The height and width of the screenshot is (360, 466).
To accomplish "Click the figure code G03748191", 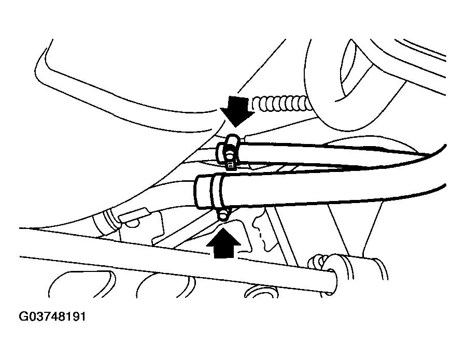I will click(x=52, y=316).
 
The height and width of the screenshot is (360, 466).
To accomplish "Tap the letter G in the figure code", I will click(x=24, y=316).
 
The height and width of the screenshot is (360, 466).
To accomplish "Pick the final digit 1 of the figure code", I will click(x=82, y=316).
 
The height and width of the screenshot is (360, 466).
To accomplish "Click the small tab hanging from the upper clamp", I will click(x=230, y=165).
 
